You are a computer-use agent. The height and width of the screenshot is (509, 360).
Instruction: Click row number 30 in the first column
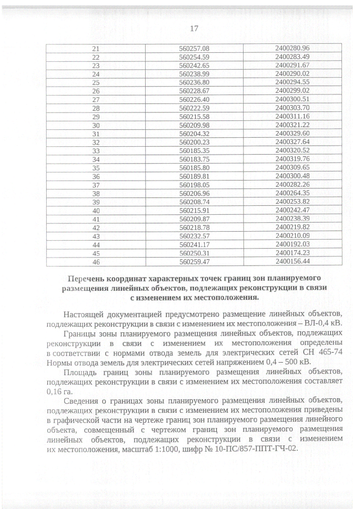point(96,125)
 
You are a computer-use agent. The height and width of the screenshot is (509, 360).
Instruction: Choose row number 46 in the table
point(96,262)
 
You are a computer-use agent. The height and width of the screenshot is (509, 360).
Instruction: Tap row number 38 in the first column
point(96,193)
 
